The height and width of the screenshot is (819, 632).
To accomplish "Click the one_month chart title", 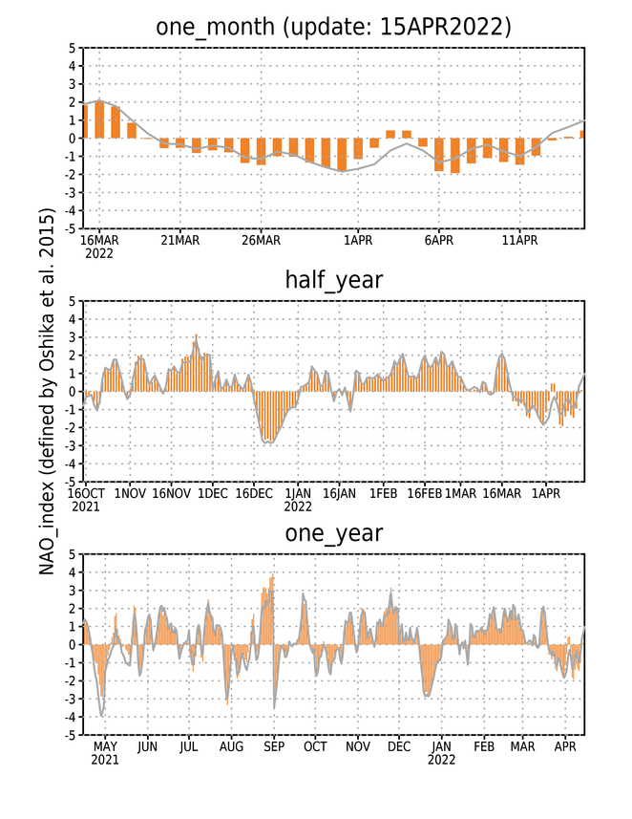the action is pos(333,26).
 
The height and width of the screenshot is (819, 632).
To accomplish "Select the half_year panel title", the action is pos(333,280).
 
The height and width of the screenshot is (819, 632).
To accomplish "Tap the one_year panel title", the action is pos(333,533).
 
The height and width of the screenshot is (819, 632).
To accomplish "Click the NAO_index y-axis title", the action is pos(47,391).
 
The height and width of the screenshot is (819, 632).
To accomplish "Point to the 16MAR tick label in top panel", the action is pos(99,240).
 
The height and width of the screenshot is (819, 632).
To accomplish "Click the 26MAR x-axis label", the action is pos(261,240).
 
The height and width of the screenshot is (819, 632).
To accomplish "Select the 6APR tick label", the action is pos(439,240).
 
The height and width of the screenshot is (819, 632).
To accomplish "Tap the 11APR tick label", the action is pos(519,240).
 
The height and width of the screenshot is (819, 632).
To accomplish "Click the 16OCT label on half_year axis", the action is pos(86,493).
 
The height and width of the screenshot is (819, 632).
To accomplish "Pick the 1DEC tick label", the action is pos(212,493).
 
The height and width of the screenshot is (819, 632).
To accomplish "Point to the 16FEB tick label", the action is pos(424,493).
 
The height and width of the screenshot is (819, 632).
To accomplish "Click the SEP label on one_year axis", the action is pos(274,747).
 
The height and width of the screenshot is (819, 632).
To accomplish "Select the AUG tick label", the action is pos(231,747).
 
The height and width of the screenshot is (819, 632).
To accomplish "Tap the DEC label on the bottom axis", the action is pos(399,747).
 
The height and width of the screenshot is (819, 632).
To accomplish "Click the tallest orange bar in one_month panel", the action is pos(99,119).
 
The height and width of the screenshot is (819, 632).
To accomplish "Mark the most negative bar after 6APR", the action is pos(455,156).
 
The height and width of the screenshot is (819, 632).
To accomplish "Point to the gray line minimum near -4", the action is pos(102,716).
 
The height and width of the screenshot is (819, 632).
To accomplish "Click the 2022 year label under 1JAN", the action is pos(298,506).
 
